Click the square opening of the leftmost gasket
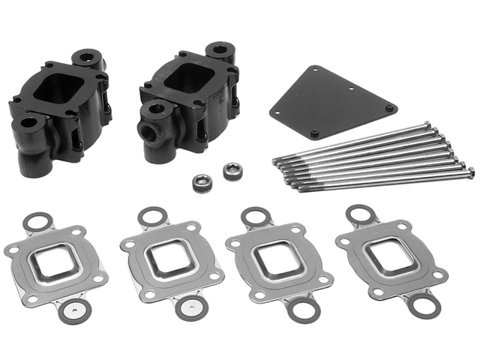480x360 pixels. click(x=55, y=259)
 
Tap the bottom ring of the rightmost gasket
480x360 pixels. click(x=421, y=304)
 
